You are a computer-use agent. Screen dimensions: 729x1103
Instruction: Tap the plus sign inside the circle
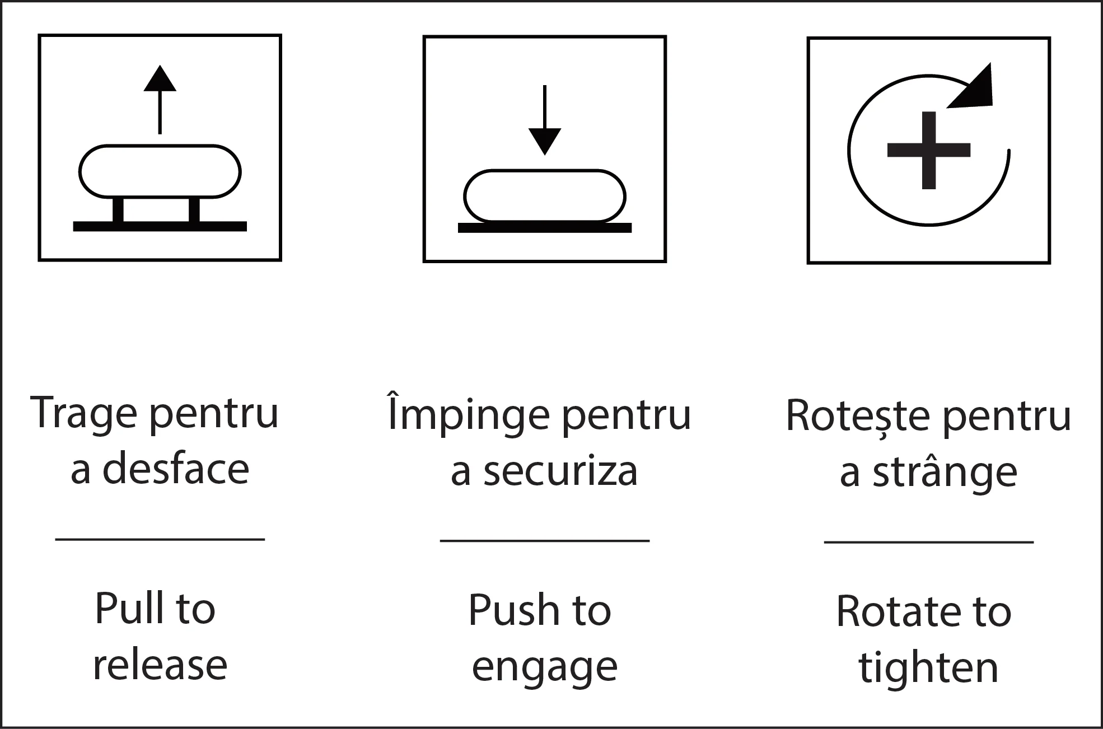929,150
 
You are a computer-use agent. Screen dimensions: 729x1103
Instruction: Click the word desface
176,469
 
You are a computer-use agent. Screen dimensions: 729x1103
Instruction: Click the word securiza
560,471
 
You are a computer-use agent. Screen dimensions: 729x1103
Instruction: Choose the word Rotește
859,417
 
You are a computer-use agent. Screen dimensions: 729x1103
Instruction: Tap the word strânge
945,473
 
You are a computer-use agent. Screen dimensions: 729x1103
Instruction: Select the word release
160,665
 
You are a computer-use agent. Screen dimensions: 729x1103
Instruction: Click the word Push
513,610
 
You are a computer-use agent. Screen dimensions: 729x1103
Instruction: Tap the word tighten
929,667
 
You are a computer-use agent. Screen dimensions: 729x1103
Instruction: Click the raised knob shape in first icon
160,171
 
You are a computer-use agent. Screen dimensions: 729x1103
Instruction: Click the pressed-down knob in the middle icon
545,196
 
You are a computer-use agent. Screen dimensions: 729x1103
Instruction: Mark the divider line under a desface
160,539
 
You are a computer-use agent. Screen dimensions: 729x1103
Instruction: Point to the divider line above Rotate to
929,542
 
